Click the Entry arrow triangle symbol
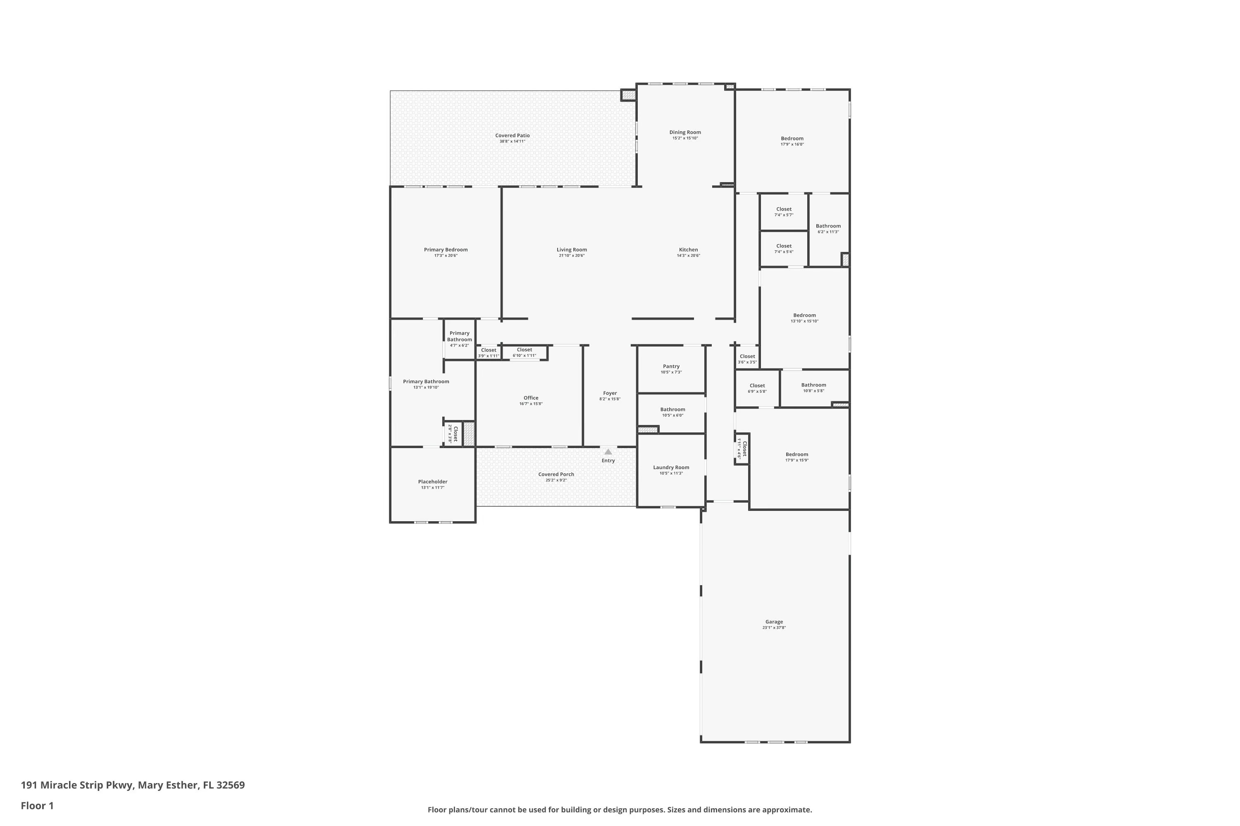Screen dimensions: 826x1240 (x=608, y=451)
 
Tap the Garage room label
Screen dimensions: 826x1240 (x=774, y=622)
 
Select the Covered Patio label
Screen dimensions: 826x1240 (x=512, y=135)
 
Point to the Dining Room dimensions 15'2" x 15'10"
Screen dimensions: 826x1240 (x=685, y=138)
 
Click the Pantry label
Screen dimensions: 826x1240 (x=671, y=366)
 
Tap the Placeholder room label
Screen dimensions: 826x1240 (x=432, y=482)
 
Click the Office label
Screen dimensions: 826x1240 (x=531, y=398)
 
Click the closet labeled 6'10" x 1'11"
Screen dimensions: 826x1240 (x=524, y=352)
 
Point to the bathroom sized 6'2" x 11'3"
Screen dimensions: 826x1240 (x=828, y=229)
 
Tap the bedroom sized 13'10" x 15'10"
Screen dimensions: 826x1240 (x=804, y=318)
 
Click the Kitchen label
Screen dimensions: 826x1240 (x=688, y=250)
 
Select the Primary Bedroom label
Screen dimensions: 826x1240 (x=446, y=250)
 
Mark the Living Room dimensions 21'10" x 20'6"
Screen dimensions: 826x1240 (x=572, y=256)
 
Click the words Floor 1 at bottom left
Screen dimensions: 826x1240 (x=37, y=805)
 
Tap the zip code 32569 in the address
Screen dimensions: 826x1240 (x=230, y=785)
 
